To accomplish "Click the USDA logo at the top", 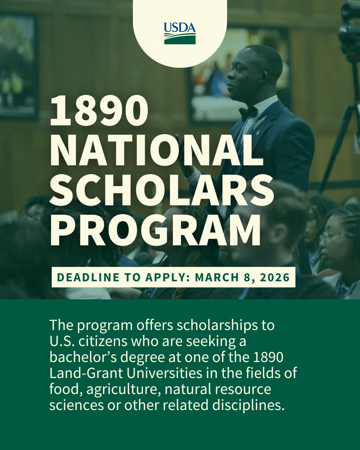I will [x=180, y=33].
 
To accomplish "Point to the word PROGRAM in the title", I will [x=155, y=230].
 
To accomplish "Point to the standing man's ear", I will [x=264, y=76].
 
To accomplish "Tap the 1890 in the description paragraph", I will [x=268, y=357].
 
